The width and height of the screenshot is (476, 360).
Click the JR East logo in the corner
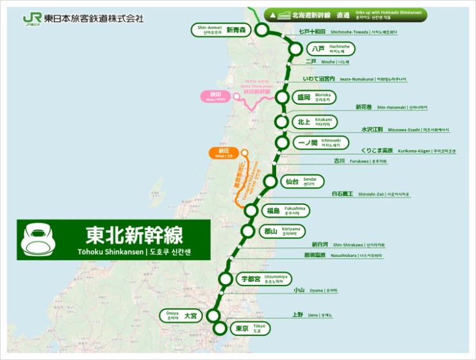click(31, 18)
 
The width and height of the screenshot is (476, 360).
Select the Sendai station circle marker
click(270, 181)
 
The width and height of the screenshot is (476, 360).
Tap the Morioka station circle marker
click(283, 97)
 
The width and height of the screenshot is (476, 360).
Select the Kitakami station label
click(315, 121)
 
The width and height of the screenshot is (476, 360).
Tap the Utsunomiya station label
click(263, 279)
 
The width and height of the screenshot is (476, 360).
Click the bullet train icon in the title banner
click(37, 240)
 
